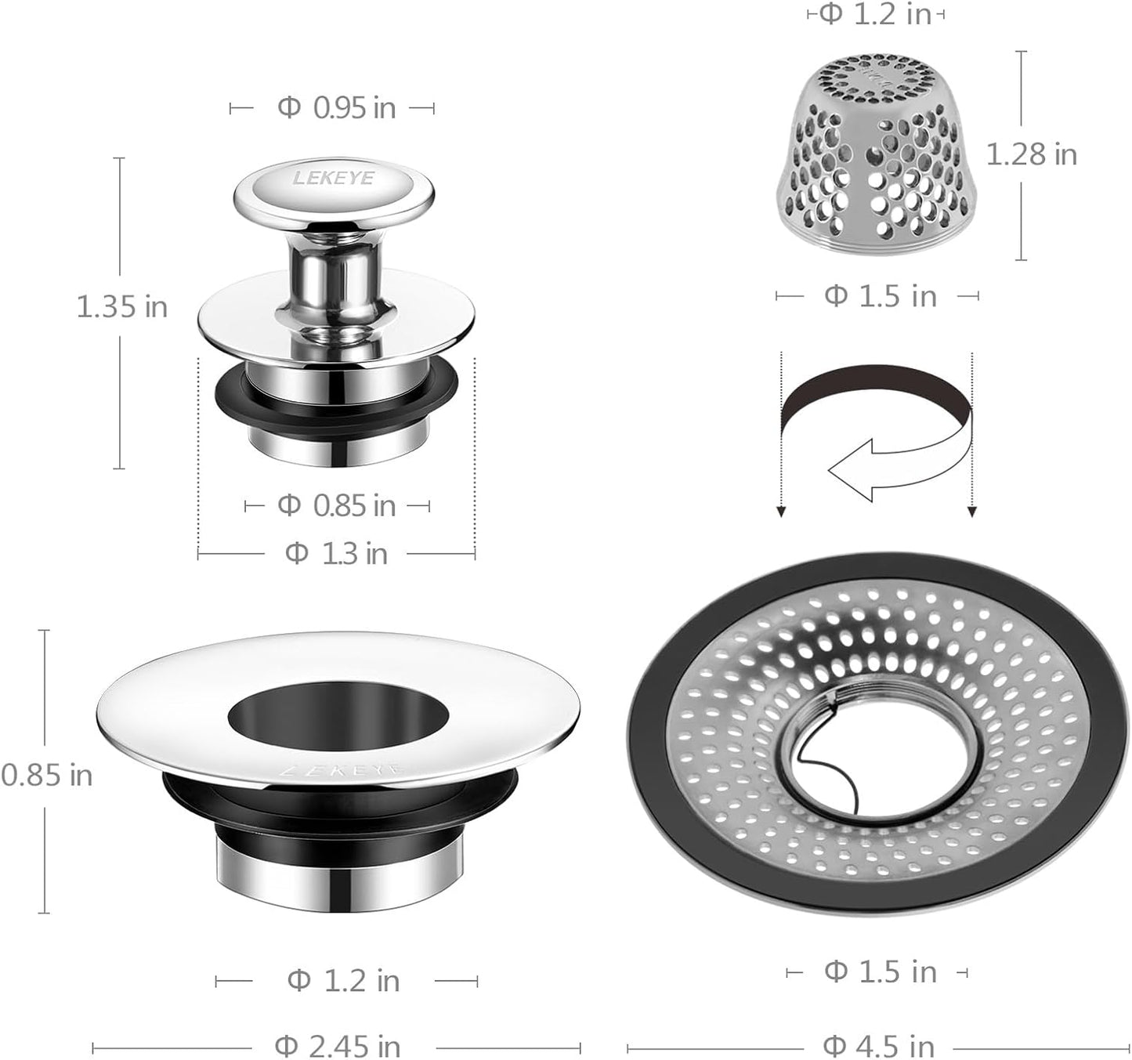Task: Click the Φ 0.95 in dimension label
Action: pyautogui.click(x=336, y=108)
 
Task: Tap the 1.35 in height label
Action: pyautogui.click(x=121, y=306)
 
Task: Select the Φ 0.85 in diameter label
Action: pyautogui.click(x=336, y=506)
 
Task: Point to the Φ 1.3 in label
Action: pyautogui.click(x=336, y=554)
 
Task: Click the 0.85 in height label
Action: pyautogui.click(x=46, y=776)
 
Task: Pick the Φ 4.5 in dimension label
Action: pyautogui.click(x=878, y=1046)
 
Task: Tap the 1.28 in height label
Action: pyautogui.click(x=1031, y=154)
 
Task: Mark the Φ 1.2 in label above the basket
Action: pyautogui.click(x=875, y=14)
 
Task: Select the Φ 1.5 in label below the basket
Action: pyautogui.click(x=880, y=296)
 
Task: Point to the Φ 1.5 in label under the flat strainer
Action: pyautogui.click(x=880, y=972)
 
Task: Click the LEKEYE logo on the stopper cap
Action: pyautogui.click(x=333, y=179)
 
